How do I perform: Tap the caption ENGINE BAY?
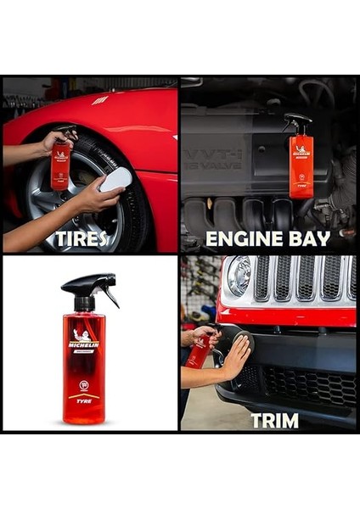point(268,238)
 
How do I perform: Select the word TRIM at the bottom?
point(274,419)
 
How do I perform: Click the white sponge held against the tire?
point(116,179)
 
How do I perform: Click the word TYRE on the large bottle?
point(84,399)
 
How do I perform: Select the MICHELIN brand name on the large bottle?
point(84,344)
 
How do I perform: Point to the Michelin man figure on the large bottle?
point(83,333)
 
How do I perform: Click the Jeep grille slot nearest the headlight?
point(262,278)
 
